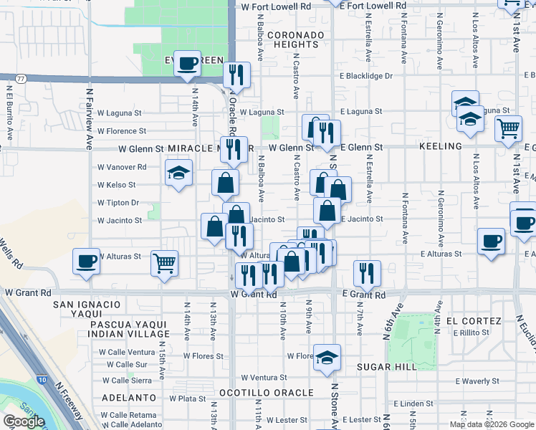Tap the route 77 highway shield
tap(21, 78)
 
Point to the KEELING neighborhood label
tap(440, 146)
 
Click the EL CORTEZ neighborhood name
tap(473, 320)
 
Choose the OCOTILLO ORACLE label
tap(266, 393)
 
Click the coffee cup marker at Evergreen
tap(188, 63)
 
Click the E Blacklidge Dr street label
tap(367, 76)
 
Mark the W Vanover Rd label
tap(122, 167)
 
